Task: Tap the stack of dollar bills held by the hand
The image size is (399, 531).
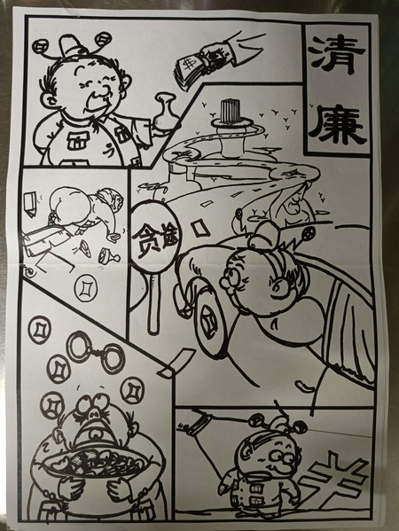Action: (x=192, y=70)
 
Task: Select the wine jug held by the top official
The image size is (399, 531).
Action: (x=166, y=112)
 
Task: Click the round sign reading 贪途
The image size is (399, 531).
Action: (x=155, y=237)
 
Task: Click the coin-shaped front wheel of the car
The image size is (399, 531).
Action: (x=211, y=320)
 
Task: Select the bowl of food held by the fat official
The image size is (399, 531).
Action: (x=96, y=464)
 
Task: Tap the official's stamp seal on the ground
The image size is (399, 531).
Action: (x=109, y=256)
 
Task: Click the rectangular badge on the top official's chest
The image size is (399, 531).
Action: (x=77, y=141)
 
